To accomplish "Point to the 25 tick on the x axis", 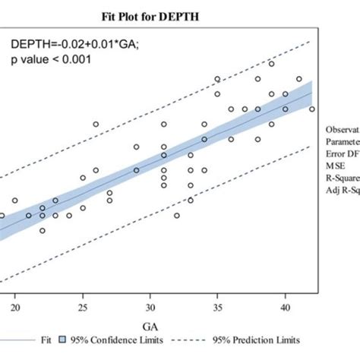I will click(x=83, y=308).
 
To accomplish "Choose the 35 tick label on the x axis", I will click(x=218, y=308).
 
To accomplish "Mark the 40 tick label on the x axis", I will click(x=285, y=308).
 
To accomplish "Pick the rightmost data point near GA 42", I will click(x=312, y=109).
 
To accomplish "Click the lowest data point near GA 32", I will click(x=177, y=216).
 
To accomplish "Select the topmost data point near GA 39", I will click(x=271, y=64).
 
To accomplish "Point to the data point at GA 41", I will click(x=298, y=79).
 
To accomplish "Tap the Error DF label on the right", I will click(x=343, y=150).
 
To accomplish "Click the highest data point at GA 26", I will click(x=96, y=124).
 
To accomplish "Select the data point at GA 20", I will click(x=15, y=201).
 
